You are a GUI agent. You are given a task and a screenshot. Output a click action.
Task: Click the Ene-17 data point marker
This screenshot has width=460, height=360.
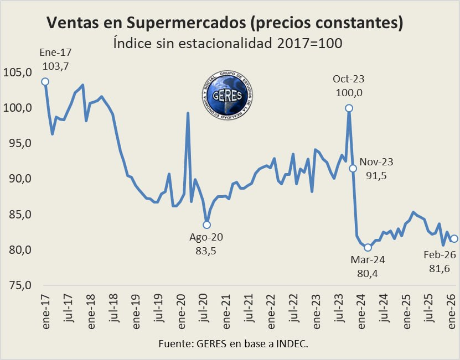(x=45, y=82)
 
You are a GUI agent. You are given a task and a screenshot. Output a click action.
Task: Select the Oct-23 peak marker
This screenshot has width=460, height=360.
(x=349, y=108)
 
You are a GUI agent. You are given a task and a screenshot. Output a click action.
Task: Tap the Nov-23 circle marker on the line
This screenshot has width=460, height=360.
(x=353, y=168)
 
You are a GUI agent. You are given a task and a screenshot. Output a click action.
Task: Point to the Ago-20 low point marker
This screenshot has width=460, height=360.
(x=206, y=225)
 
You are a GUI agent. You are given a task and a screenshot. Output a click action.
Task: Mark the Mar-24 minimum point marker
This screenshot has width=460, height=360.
(x=368, y=247)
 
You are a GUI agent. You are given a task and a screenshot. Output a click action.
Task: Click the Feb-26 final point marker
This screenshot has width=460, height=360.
(x=454, y=238)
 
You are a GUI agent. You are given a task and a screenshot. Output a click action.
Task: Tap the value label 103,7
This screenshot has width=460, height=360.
(x=56, y=66)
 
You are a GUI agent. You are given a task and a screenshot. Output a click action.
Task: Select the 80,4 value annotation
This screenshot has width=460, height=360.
(x=368, y=273)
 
